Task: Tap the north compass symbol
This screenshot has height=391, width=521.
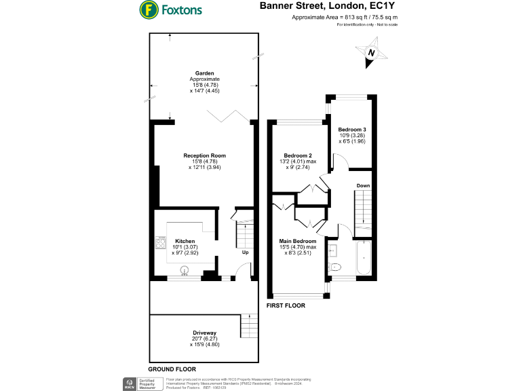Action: point(370,52)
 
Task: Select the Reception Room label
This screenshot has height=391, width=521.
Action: point(204,155)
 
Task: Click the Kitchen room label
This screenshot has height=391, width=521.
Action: point(185,241)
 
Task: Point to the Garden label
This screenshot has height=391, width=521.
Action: point(204,73)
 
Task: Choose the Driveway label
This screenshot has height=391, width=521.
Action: point(204,333)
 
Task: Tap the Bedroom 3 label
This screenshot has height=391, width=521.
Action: point(353,129)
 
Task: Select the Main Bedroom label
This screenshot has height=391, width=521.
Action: point(298,241)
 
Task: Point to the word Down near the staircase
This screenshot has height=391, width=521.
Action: point(363,185)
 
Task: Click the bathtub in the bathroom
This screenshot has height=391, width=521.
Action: point(362,259)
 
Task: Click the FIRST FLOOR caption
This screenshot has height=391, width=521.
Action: point(286,306)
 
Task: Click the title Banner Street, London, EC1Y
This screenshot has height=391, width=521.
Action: point(328,5)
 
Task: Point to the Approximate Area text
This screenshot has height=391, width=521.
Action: point(345,17)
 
